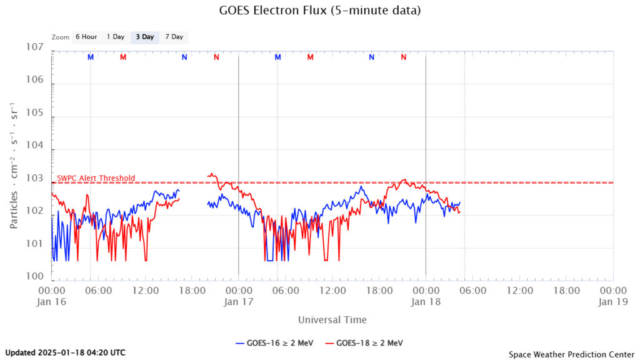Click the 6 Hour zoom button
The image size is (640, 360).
point(86,37)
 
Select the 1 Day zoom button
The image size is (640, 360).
point(116,37)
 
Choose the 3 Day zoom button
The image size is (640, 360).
point(145,37)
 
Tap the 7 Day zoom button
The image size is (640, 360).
point(174,37)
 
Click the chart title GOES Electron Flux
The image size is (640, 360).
point(320,11)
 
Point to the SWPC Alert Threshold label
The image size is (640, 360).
point(96,178)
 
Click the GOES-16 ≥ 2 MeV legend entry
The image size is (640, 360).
point(274,343)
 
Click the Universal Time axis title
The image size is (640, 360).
point(332,320)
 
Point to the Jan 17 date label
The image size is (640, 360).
point(238,302)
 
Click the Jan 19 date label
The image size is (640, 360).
point(613,302)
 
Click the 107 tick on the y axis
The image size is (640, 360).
point(35,47)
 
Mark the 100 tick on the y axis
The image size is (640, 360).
point(35,276)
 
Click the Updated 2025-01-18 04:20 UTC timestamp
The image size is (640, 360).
point(65,352)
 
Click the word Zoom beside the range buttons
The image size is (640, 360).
point(61,37)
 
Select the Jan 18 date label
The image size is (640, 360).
point(426,302)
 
